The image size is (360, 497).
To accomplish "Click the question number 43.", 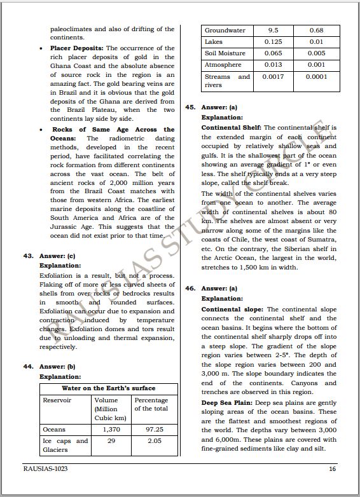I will click(29, 256).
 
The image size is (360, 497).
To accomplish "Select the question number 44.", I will click(29, 367).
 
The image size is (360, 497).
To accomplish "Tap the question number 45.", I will click(190, 108).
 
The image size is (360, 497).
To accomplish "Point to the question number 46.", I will click(190, 289).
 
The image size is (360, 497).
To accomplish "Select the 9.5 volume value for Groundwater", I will click(273, 31).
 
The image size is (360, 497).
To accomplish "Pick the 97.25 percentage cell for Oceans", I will click(155, 430).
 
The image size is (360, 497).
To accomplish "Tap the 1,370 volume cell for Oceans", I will click(111, 430).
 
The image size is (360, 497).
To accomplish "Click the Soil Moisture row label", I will click(225, 53).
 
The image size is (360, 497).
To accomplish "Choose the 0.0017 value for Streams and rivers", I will click(273, 77).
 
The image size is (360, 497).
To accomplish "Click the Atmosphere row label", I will click(223, 65).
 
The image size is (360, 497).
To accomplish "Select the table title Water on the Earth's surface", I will click(108, 388).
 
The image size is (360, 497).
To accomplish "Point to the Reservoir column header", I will click(57, 400).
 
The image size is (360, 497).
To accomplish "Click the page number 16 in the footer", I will click(332, 470).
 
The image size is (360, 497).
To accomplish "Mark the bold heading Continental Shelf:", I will click(231, 128).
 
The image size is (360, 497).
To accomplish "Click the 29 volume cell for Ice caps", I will click(111, 441).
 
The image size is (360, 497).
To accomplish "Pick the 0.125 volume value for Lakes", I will click(273, 42).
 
